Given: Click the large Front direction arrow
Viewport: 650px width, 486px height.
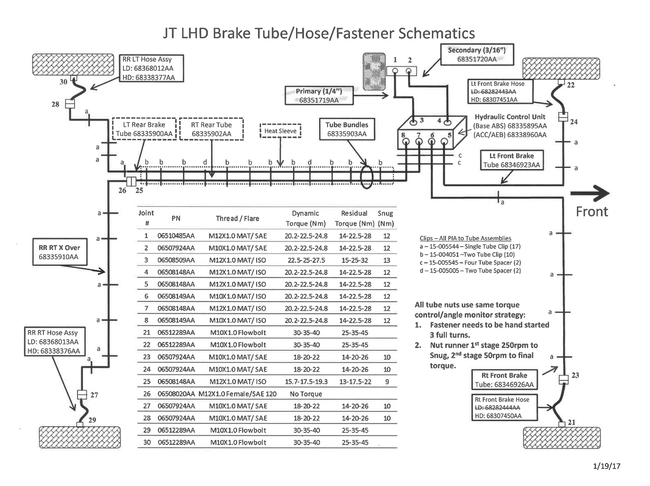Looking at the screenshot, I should pyautogui.click(x=590, y=194).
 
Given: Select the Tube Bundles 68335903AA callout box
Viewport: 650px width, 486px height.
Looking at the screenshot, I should pyautogui.click(x=347, y=129).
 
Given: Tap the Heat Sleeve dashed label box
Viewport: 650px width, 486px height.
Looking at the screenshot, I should pyautogui.click(x=280, y=131).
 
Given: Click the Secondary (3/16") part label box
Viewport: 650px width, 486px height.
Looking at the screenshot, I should pyautogui.click(x=477, y=55).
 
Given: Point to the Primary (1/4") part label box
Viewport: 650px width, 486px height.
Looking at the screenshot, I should pyautogui.click(x=319, y=96).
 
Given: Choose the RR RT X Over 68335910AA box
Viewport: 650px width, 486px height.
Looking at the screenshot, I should pyautogui.click(x=60, y=252).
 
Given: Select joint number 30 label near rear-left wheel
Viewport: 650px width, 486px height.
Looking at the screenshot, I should pyautogui.click(x=63, y=82).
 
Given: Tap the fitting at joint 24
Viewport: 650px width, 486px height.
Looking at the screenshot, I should pyautogui.click(x=563, y=117).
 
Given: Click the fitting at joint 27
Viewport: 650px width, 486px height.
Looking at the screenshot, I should pyautogui.click(x=82, y=395).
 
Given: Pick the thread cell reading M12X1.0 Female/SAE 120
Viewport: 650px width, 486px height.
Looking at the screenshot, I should pyautogui.click(x=237, y=394).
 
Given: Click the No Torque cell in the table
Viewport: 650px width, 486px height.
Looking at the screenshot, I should pyautogui.click(x=306, y=394).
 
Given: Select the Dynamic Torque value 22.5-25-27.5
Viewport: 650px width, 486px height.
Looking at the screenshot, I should pyautogui.click(x=306, y=260).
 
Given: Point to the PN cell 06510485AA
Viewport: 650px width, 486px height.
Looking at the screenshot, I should pyautogui.click(x=176, y=236).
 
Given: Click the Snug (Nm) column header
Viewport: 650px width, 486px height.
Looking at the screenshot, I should pyautogui.click(x=386, y=218).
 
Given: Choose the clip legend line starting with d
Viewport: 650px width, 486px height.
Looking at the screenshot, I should pyautogui.click(x=470, y=271).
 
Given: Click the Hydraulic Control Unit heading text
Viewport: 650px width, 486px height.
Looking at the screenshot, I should pyautogui.click(x=510, y=117).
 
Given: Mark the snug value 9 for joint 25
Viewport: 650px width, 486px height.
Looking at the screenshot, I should pyautogui.click(x=387, y=382).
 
